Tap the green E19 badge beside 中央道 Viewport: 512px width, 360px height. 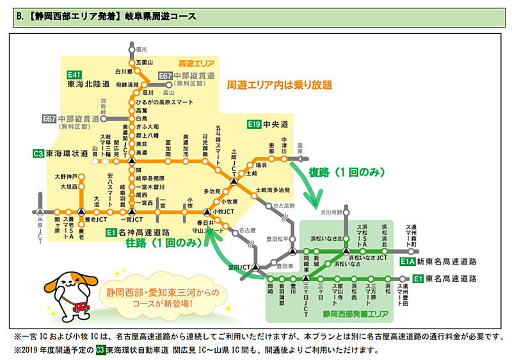tap(255, 124)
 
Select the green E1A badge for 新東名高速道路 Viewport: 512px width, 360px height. tap(407, 262)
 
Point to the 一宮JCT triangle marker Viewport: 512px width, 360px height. tap(132, 210)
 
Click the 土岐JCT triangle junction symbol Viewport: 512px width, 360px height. tap(234, 181)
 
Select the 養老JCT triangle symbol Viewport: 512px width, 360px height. tap(81, 210)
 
